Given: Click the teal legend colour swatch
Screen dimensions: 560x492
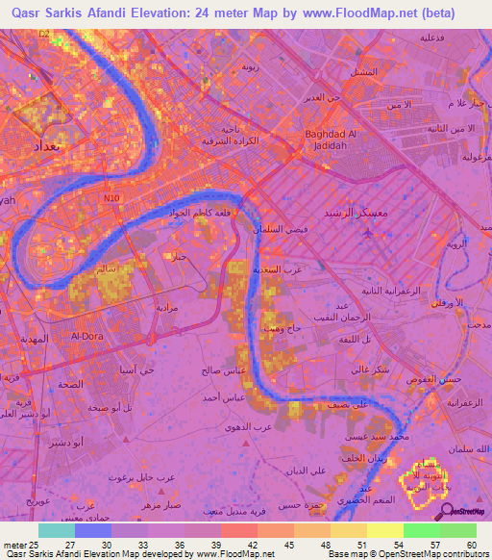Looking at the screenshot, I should (x=58, y=530).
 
